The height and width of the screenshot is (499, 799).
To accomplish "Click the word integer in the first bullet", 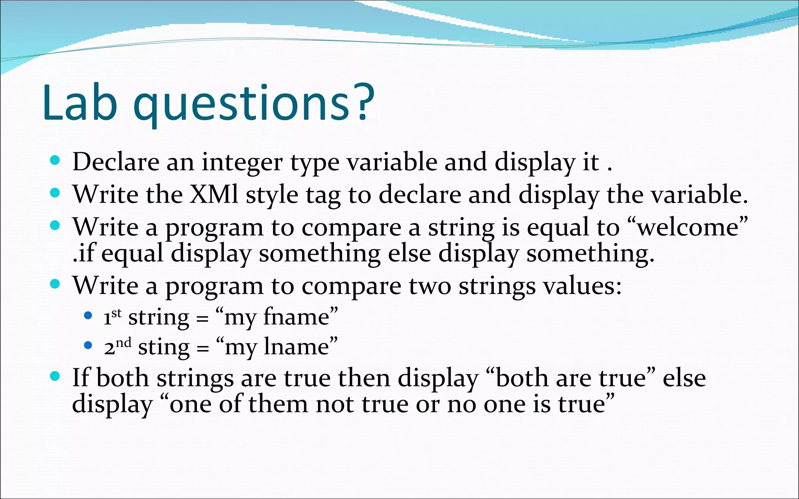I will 242,162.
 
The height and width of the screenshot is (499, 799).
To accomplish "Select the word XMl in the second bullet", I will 213,194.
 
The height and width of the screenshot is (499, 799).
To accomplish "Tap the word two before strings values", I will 430,286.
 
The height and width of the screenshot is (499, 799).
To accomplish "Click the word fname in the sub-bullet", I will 297,317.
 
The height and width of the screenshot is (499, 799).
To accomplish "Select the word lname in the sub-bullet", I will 297,347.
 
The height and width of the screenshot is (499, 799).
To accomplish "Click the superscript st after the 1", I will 116,313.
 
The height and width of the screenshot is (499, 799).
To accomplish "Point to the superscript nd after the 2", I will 123,342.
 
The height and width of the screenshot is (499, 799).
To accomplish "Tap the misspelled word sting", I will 164,347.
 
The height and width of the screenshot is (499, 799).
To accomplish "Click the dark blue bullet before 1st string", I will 88,315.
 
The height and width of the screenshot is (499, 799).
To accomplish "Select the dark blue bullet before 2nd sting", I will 88,345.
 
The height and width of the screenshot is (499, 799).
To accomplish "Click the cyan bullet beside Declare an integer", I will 55,160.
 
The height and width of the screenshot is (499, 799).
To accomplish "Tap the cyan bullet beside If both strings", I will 55,376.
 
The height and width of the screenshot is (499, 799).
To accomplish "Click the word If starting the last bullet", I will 80,378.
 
